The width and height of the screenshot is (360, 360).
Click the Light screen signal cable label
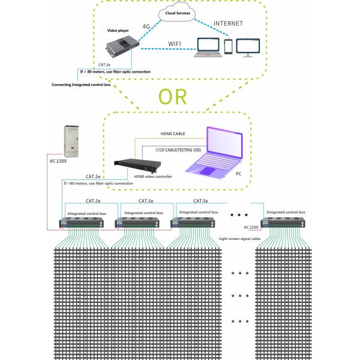(x=241, y=238)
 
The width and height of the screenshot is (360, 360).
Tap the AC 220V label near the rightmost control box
(x=251, y=227)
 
